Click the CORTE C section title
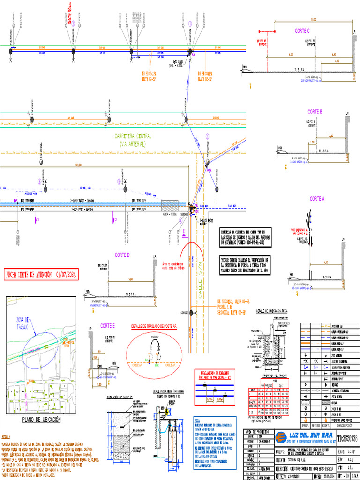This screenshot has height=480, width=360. point(302,31)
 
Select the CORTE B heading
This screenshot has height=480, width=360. point(315,112)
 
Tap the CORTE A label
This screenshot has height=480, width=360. point(317,199)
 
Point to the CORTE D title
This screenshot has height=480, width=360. point(122,255)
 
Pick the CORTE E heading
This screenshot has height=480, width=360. point(107,326)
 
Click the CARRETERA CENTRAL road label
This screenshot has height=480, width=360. point(134,136)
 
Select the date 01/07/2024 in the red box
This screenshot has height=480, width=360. point(66,274)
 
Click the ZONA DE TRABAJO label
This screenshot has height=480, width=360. point(23,322)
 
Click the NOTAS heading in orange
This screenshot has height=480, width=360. point(6,436)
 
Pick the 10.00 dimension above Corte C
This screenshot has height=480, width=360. point(313,20)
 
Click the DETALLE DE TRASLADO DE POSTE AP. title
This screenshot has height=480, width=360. point(154,325)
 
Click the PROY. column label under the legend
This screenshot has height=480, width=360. point(305,426)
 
